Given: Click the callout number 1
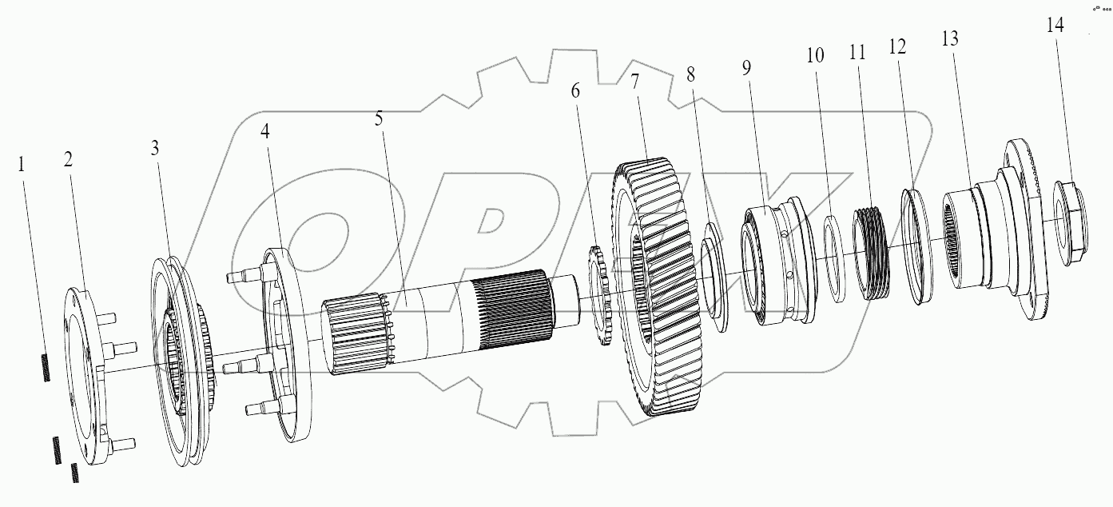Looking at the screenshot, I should click(22, 165).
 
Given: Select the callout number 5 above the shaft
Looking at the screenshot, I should click(378, 119).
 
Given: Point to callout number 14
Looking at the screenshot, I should click(1055, 25).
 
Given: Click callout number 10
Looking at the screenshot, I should click(814, 55).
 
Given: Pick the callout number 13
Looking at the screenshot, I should click(950, 39).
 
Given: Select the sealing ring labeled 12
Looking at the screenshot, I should click(920, 245).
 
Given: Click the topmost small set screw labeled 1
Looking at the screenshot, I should click(45, 369).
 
